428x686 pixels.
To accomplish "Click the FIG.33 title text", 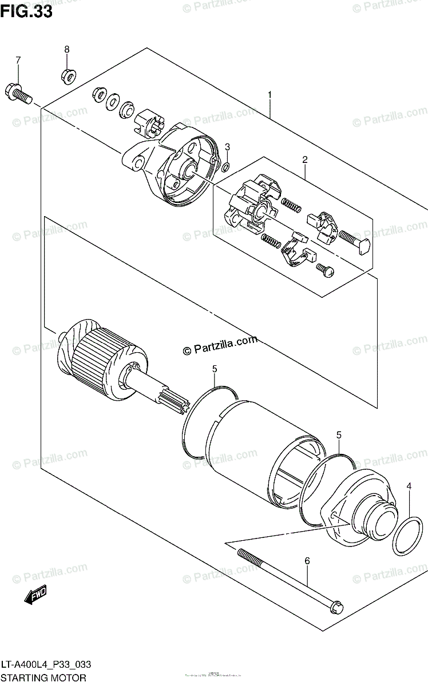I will (26, 11).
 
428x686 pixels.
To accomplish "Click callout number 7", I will (18, 60).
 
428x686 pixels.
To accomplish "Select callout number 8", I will (66, 50).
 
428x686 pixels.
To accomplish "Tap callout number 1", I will (269, 94).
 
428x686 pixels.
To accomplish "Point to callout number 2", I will (305, 159).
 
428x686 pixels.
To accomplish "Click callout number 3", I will (227, 147).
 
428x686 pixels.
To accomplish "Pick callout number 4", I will (409, 486).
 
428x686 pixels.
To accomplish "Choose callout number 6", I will (307, 561).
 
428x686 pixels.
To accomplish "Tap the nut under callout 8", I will (66, 74).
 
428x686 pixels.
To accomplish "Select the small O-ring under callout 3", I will (227, 167).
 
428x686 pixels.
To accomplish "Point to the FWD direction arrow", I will (35, 596).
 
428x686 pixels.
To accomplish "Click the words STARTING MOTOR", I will (43, 678).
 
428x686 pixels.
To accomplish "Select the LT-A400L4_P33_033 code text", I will (46, 665).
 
